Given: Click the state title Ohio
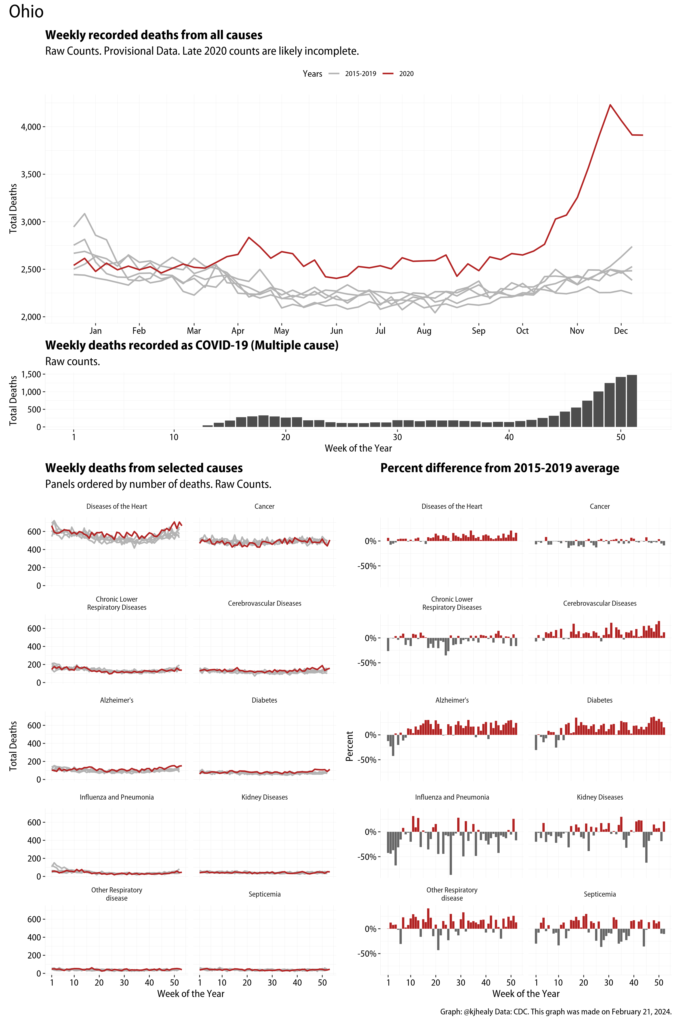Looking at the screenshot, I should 26,12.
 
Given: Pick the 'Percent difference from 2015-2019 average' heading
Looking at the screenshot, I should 499,468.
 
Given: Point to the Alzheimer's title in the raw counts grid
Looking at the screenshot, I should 116,700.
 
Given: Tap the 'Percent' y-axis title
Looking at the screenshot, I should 349,746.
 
